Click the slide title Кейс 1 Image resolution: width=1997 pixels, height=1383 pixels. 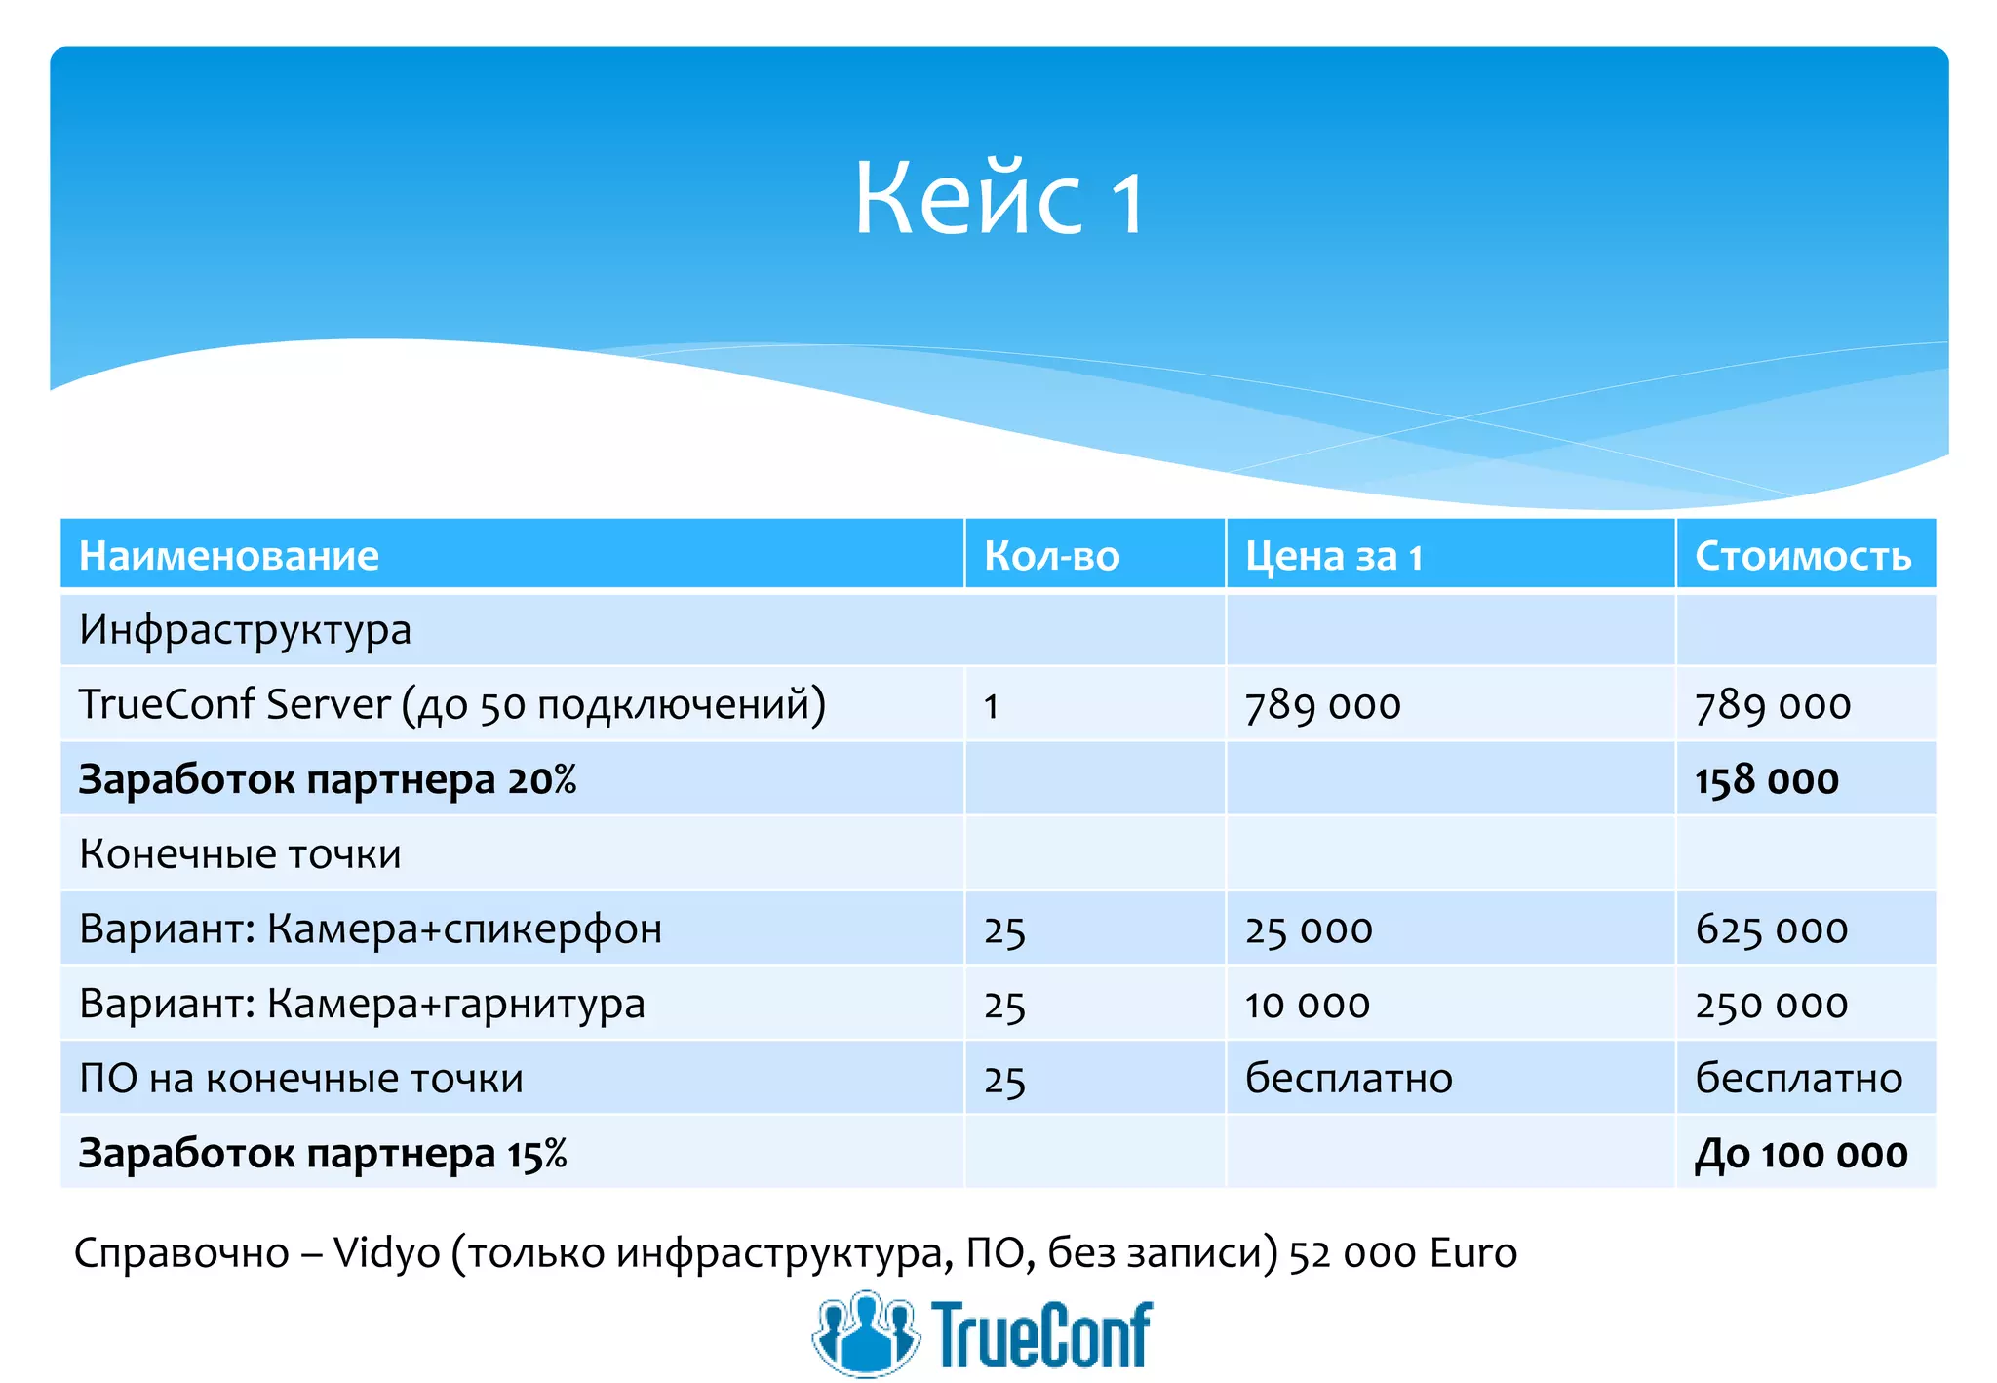point(998,199)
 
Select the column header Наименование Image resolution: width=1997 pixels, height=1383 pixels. point(229,556)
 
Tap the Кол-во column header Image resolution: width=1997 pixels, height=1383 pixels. point(1051,556)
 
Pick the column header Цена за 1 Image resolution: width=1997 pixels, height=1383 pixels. point(1333,556)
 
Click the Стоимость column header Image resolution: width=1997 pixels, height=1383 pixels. point(1802,556)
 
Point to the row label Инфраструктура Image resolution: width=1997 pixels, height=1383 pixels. point(245,630)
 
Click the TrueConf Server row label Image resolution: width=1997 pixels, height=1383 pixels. point(451,704)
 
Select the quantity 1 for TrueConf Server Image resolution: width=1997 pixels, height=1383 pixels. point(992,706)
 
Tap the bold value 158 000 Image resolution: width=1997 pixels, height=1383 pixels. point(1766,780)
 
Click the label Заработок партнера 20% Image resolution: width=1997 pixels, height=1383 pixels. point(328,780)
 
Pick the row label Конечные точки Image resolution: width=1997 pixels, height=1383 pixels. point(240,854)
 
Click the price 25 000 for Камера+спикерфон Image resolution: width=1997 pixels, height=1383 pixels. point(1309,929)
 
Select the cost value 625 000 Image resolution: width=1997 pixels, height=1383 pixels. point(1771,929)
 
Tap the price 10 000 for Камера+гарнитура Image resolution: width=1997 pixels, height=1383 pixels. point(1307,1005)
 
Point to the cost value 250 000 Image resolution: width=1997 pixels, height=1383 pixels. point(1771,1005)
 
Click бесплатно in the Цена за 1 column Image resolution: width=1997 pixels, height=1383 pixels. point(1349,1079)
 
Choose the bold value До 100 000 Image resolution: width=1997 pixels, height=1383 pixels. point(1800,1154)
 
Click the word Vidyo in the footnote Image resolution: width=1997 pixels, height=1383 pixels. point(386,1253)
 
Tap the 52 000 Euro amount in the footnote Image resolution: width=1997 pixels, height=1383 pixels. point(1402,1253)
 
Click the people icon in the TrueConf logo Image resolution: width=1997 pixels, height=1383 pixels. point(865,1333)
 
